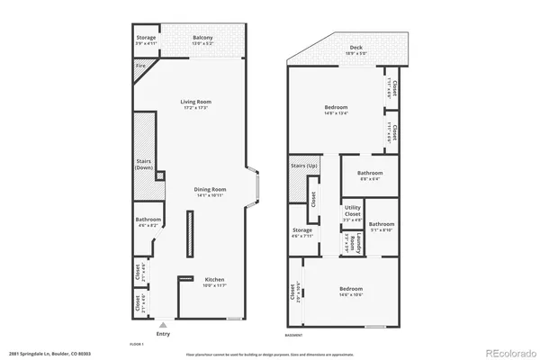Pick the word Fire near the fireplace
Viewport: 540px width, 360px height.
141,66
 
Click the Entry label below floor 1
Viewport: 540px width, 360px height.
162,333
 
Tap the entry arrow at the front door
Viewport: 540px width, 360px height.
162,324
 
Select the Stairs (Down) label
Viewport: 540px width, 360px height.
143,164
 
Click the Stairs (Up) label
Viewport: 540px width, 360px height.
303,166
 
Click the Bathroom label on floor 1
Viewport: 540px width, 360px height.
148,220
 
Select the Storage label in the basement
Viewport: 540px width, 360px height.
301,231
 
